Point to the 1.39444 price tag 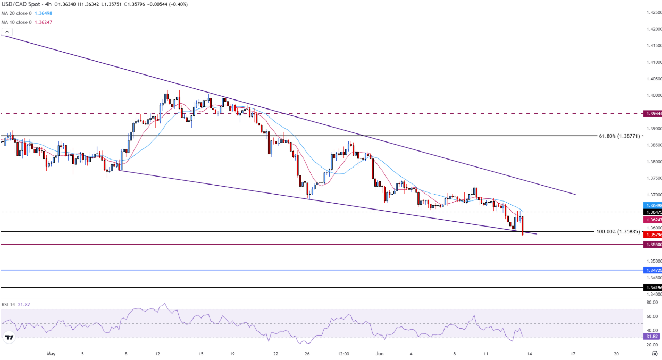coord(652,114)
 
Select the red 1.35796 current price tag coord(652,235)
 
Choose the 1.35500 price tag coord(652,245)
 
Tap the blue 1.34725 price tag coord(652,271)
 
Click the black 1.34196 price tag coord(652,288)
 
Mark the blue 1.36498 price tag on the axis coord(652,205)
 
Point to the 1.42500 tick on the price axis coord(653,12)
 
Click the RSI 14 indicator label coord(8,305)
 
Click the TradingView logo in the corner coord(9,337)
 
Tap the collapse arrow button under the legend coord(7,32)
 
